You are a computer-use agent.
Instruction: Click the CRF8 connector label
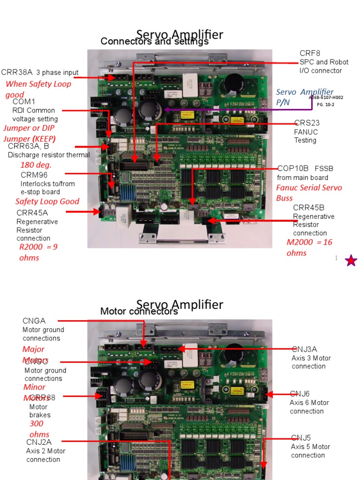(x=310, y=53)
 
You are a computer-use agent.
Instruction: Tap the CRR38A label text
(x=17, y=72)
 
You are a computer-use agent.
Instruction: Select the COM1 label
(x=24, y=102)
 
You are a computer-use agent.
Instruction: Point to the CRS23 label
(x=307, y=123)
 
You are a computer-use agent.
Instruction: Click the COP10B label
(x=293, y=168)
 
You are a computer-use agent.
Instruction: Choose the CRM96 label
(x=34, y=175)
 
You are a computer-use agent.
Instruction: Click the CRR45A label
(x=32, y=213)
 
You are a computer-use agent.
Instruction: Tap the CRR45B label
(x=308, y=208)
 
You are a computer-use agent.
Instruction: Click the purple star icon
(x=351, y=261)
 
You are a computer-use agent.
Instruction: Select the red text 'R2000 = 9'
(x=38, y=247)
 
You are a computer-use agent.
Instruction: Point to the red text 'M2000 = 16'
(x=309, y=242)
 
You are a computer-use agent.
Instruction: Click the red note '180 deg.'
(x=36, y=165)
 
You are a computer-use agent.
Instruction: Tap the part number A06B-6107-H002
(x=326, y=97)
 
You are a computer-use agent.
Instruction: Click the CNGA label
(x=34, y=321)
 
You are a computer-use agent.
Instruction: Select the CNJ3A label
(x=304, y=349)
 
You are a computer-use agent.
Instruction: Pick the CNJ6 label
(x=300, y=394)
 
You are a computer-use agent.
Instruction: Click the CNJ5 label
(x=300, y=438)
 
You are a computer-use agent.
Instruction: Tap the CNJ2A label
(x=38, y=442)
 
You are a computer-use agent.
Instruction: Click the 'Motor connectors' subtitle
(x=139, y=311)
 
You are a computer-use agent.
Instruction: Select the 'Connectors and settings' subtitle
(x=154, y=42)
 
